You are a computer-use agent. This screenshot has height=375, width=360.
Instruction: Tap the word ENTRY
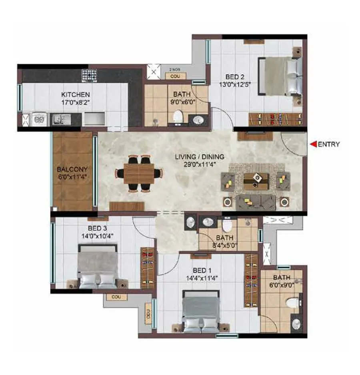(x=329, y=144)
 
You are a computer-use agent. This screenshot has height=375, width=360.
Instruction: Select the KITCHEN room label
(x=75, y=95)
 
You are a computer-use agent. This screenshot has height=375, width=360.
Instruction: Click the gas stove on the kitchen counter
(x=90, y=75)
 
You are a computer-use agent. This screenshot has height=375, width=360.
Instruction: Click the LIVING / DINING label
(x=199, y=157)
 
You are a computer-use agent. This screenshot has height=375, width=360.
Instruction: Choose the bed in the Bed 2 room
(x=281, y=76)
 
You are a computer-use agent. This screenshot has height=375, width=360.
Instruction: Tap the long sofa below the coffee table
(x=255, y=201)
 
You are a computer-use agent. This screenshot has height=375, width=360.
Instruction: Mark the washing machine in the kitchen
(x=40, y=119)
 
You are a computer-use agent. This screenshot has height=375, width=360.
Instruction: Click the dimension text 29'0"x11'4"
(x=199, y=164)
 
